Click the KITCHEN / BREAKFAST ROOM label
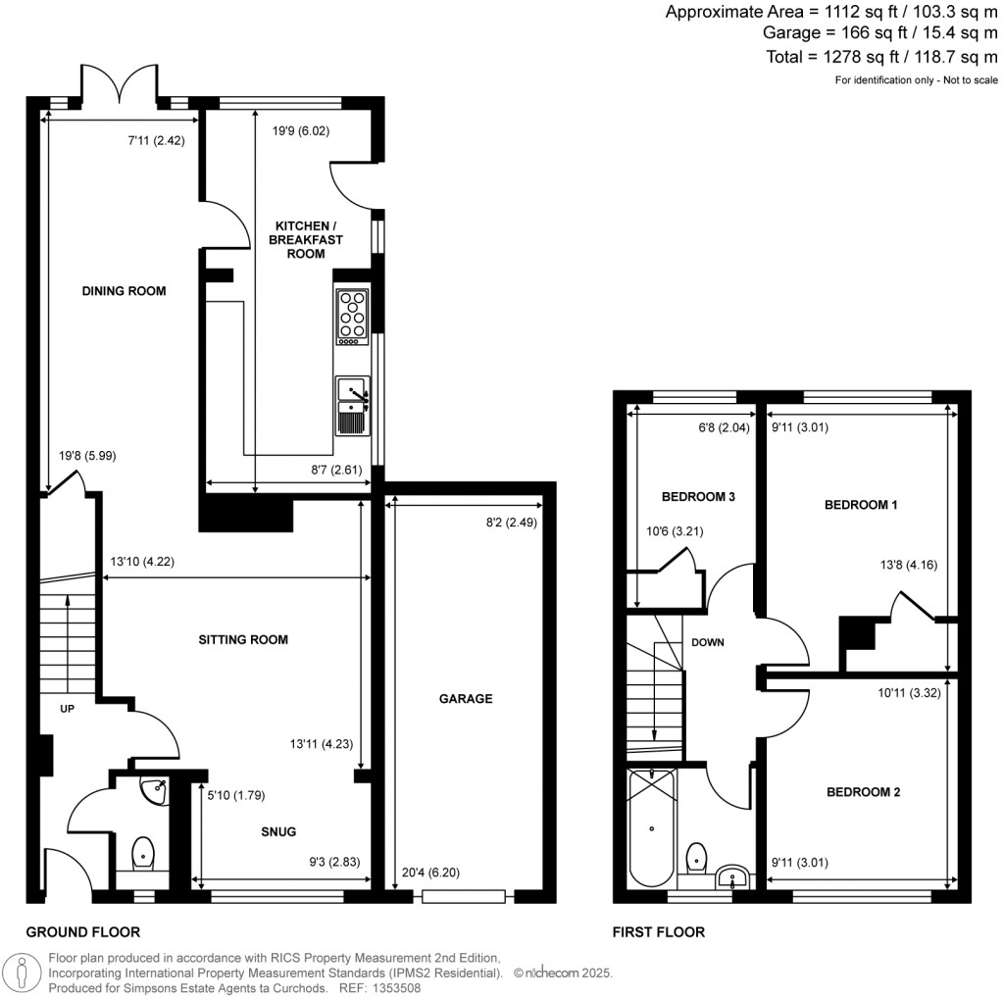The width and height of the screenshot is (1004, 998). click(x=306, y=239)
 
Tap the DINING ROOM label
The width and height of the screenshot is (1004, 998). click(x=124, y=291)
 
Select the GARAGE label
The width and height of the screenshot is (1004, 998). click(x=466, y=699)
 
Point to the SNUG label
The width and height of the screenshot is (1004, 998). click(x=278, y=830)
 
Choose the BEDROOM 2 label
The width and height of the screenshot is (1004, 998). click(x=863, y=792)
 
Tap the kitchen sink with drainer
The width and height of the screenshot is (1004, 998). click(x=352, y=405)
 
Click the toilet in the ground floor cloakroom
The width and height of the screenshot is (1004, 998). click(x=143, y=854)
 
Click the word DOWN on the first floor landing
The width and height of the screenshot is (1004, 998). click(x=708, y=643)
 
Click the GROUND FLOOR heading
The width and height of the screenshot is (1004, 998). click(x=82, y=932)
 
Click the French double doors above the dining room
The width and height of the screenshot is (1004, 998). click(x=119, y=84)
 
